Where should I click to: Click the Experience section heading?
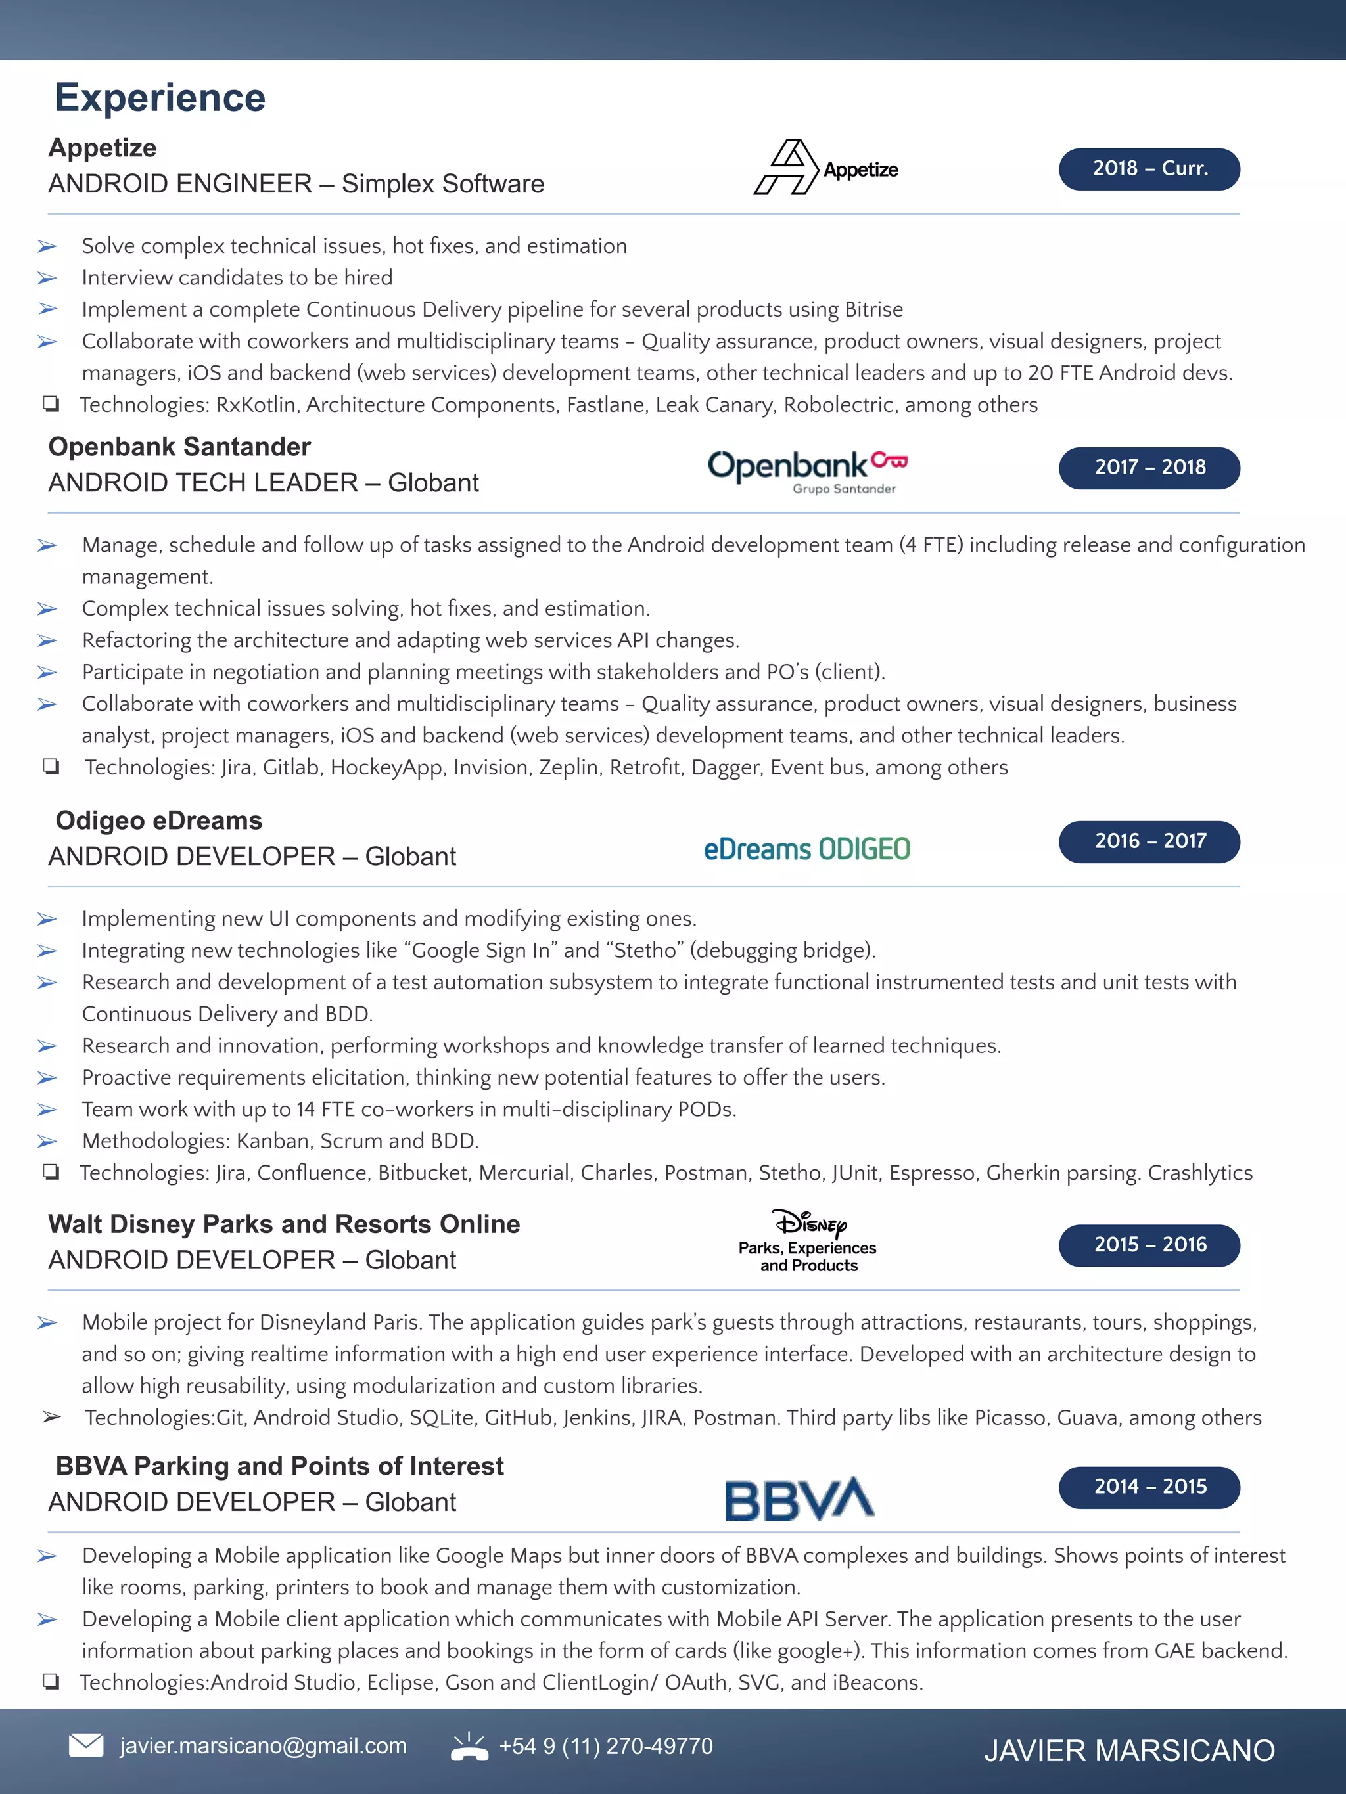pyautogui.click(x=160, y=97)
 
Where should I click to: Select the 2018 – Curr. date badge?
pyautogui.click(x=1149, y=169)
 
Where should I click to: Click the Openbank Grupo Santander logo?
pyautogui.click(x=807, y=470)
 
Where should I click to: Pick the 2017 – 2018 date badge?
pyautogui.click(x=1149, y=468)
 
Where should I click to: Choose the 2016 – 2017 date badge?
pyautogui.click(x=1149, y=841)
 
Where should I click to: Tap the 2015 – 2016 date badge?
pyautogui.click(x=1149, y=1245)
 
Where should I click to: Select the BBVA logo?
pyautogui.click(x=799, y=1499)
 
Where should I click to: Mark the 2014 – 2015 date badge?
pyautogui.click(x=1149, y=1487)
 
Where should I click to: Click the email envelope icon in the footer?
pyautogui.click(x=86, y=1745)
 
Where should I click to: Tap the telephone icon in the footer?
pyautogui.click(x=469, y=1746)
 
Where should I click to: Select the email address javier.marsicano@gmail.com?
pyautogui.click(x=263, y=1745)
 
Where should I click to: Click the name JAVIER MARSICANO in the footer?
pyautogui.click(x=1128, y=1750)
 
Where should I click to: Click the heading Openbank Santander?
pyautogui.click(x=179, y=447)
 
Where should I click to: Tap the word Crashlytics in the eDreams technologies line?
pyautogui.click(x=1199, y=1173)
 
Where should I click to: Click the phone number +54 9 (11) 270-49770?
pyautogui.click(x=605, y=1745)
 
